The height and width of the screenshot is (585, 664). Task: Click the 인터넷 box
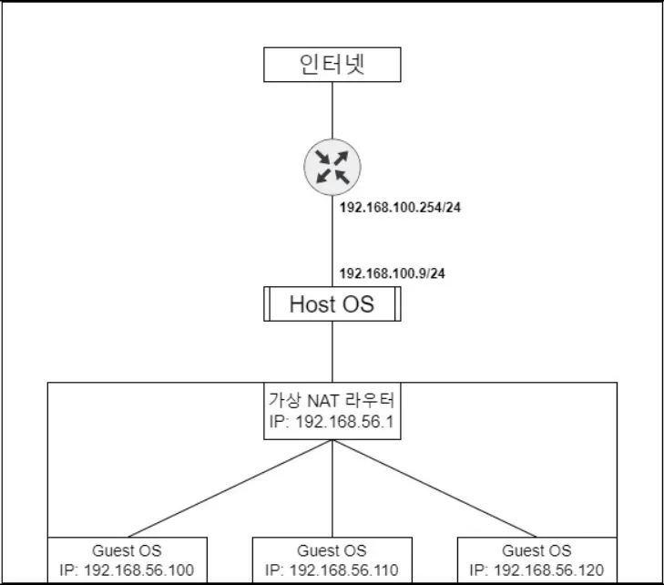332,64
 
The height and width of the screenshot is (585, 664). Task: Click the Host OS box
332,303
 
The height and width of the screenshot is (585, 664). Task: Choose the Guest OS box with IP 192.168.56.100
127,560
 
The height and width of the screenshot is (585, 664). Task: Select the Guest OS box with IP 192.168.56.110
332,560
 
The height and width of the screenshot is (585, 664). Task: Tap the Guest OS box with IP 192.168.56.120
536,560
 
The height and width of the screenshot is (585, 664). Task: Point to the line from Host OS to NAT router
332,352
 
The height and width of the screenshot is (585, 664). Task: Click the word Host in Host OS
307,303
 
